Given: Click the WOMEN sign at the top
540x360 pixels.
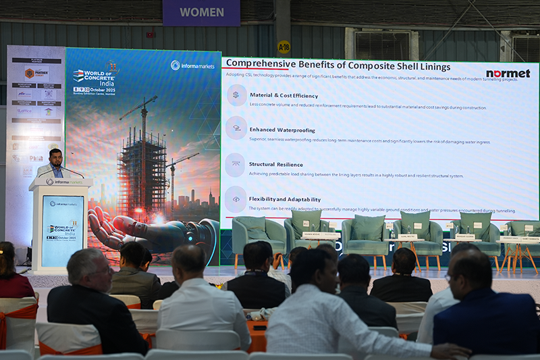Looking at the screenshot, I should coord(200,12).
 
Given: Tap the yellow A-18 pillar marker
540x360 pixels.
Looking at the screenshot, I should coord(283,47).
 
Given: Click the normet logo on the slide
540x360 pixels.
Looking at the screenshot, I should coord(508,73).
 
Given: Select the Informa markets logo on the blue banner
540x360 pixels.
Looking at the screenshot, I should coord(192,65).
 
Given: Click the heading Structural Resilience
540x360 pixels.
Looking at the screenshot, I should coord(275,164).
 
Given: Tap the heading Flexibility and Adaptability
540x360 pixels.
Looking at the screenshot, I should coord(284,199).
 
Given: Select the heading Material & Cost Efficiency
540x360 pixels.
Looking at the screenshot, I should coord(283,95).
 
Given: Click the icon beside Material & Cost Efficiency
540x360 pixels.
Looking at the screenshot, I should coord(236,95).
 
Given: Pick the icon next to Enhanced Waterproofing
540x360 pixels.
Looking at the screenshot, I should coord(236,128).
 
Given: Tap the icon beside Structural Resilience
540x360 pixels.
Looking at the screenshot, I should coord(236,163).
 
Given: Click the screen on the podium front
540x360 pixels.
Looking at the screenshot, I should coord(62,229).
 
